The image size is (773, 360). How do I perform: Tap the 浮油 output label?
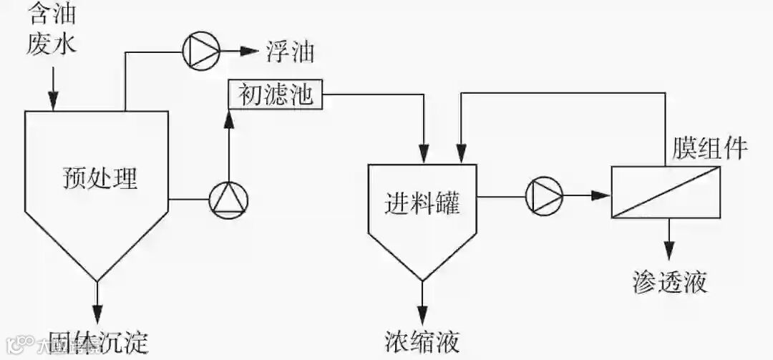(290, 51)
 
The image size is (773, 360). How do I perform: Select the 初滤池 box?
(275, 94)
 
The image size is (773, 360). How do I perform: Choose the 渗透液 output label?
(670, 281)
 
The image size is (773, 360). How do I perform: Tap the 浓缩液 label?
(421, 338)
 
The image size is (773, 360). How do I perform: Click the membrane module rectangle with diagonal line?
(666, 192)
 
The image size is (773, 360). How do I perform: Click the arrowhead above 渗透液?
(669, 251)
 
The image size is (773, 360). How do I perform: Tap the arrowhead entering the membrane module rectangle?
(601, 195)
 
